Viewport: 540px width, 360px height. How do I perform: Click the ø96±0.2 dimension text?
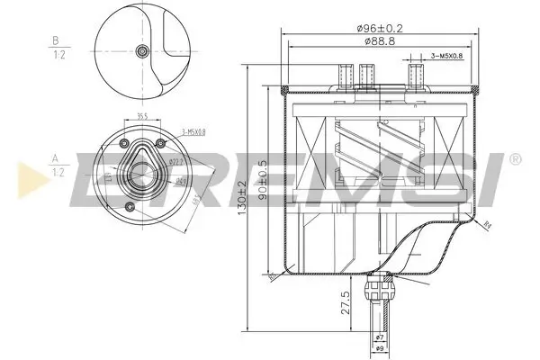(377, 27)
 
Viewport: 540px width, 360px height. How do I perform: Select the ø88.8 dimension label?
(377, 42)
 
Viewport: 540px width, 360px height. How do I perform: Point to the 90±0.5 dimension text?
(262, 181)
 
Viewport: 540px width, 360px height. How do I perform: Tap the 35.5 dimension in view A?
(142, 115)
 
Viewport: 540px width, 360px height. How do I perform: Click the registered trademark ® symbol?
(514, 159)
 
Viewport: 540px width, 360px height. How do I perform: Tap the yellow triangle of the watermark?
(24, 173)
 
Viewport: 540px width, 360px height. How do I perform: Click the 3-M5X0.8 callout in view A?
(192, 132)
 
